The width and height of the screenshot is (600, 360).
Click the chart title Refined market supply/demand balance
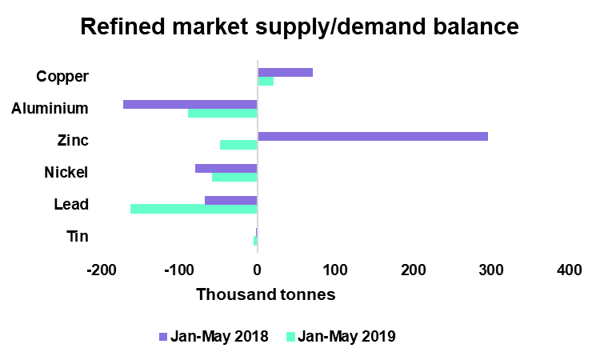(x=300, y=26)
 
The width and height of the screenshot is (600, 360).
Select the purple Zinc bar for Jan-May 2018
(x=372, y=136)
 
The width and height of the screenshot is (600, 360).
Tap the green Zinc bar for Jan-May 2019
(x=238, y=145)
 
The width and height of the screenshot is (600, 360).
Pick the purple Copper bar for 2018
(x=285, y=72)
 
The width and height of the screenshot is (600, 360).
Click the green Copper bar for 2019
(x=266, y=81)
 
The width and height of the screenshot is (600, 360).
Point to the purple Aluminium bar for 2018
(x=190, y=104)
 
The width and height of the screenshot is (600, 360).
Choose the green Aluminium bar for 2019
(x=222, y=113)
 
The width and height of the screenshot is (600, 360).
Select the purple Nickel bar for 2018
(x=226, y=168)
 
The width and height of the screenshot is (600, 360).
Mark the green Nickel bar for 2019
(x=234, y=177)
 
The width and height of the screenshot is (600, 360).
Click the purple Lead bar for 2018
(x=231, y=200)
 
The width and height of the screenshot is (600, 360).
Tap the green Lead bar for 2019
(x=194, y=209)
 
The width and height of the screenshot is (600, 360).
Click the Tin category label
(x=78, y=236)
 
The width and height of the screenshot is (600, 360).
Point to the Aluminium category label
(x=50, y=108)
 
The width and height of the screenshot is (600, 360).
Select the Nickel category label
(x=66, y=172)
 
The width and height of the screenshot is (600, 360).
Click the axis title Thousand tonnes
(x=266, y=294)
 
